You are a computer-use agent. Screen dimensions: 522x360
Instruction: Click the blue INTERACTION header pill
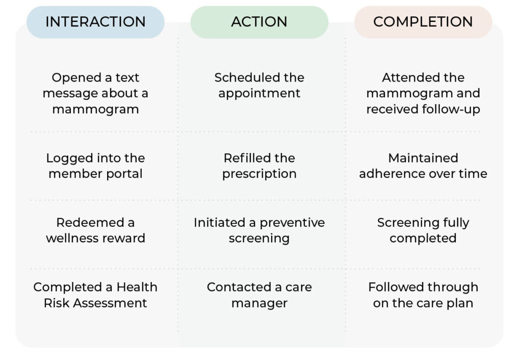pyautogui.click(x=95, y=22)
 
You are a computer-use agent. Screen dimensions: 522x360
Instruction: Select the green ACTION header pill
pyautogui.click(x=259, y=22)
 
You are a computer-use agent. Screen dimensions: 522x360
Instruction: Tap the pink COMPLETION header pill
pyautogui.click(x=423, y=22)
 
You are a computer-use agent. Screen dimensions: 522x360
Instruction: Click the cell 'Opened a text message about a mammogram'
pyautogui.click(x=95, y=93)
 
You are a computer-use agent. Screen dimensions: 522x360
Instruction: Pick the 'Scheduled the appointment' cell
pyautogui.click(x=259, y=85)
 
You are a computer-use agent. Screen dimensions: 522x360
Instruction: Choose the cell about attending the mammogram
pyautogui.click(x=423, y=93)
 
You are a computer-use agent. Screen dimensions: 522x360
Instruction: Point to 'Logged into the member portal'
pyautogui.click(x=95, y=166)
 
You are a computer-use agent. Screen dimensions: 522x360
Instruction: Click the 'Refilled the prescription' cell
pyautogui.click(x=259, y=166)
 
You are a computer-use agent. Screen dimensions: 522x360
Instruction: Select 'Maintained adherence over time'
pyautogui.click(x=423, y=166)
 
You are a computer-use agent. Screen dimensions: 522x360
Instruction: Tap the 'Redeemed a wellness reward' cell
pyautogui.click(x=95, y=230)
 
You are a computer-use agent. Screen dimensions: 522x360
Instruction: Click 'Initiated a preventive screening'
pyautogui.click(x=259, y=230)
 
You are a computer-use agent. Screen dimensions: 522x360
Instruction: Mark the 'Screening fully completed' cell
pyautogui.click(x=423, y=230)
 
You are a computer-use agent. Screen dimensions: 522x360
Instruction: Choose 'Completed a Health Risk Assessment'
pyautogui.click(x=95, y=295)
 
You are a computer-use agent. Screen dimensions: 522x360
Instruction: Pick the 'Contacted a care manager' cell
pyautogui.click(x=259, y=295)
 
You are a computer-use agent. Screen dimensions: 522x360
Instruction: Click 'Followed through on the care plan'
pyautogui.click(x=423, y=295)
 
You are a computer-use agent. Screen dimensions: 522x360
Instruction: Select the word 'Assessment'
pyautogui.click(x=110, y=303)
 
